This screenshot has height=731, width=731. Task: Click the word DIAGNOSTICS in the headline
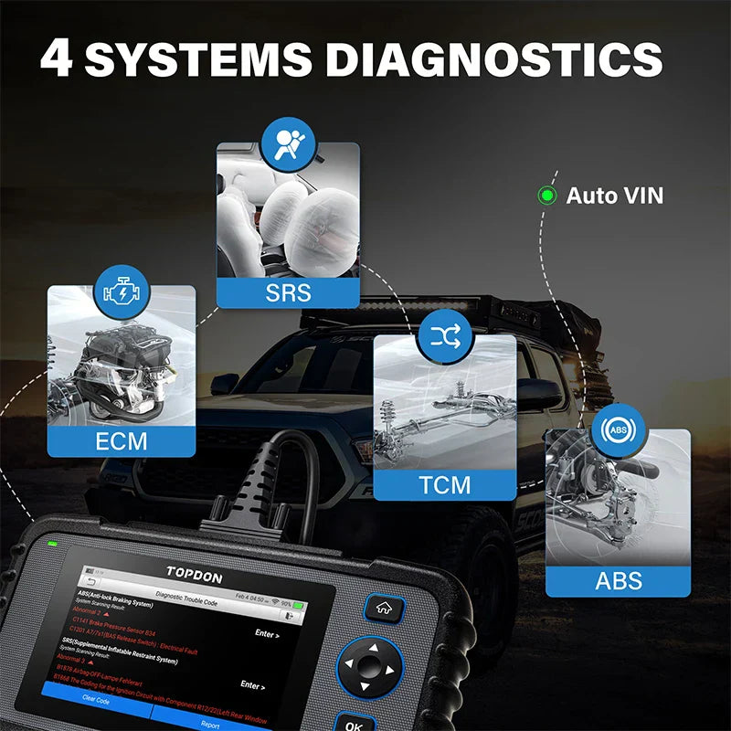(x=494, y=58)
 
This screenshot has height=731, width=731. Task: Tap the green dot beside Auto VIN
(x=546, y=195)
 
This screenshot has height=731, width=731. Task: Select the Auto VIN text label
(x=614, y=195)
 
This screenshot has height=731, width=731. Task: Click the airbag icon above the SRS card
(x=288, y=143)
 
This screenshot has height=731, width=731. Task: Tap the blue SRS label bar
(x=288, y=292)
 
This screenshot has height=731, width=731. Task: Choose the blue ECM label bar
(x=121, y=440)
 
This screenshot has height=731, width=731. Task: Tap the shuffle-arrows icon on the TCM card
(x=445, y=338)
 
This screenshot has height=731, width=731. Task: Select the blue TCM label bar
(x=445, y=484)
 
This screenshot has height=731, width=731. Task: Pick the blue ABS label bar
(x=618, y=579)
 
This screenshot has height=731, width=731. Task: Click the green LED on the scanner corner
(x=52, y=546)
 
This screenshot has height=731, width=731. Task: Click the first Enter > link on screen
(x=266, y=633)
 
